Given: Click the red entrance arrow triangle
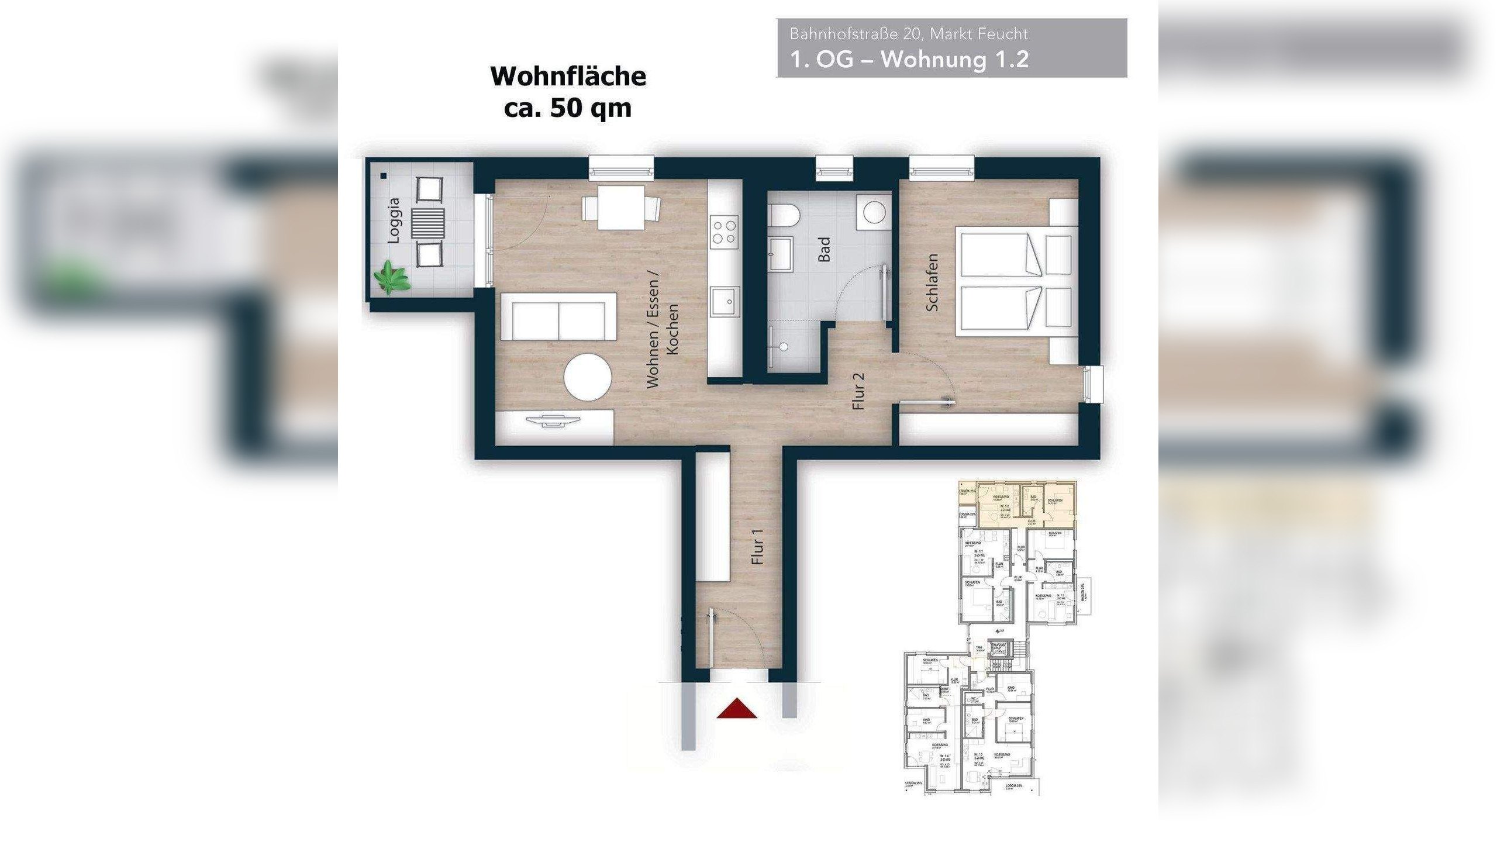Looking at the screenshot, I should [737, 709].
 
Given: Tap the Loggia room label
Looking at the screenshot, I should [395, 220].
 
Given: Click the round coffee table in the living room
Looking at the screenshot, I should [588, 377].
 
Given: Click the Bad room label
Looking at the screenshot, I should [825, 249].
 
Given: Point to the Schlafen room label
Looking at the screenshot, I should [933, 282].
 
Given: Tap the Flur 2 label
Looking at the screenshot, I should [858, 391].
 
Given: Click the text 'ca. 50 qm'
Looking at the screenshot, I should [568, 108].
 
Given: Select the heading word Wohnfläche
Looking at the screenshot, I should [568, 76].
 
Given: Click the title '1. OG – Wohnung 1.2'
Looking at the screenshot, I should [909, 60].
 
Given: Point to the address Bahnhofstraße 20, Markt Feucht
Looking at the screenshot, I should [908, 34].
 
